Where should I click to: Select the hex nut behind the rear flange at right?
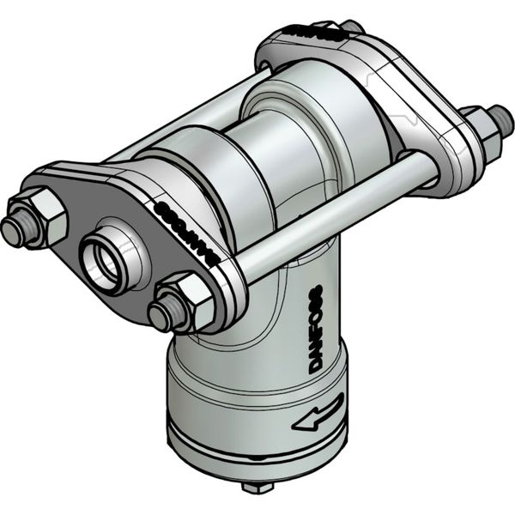482,133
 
